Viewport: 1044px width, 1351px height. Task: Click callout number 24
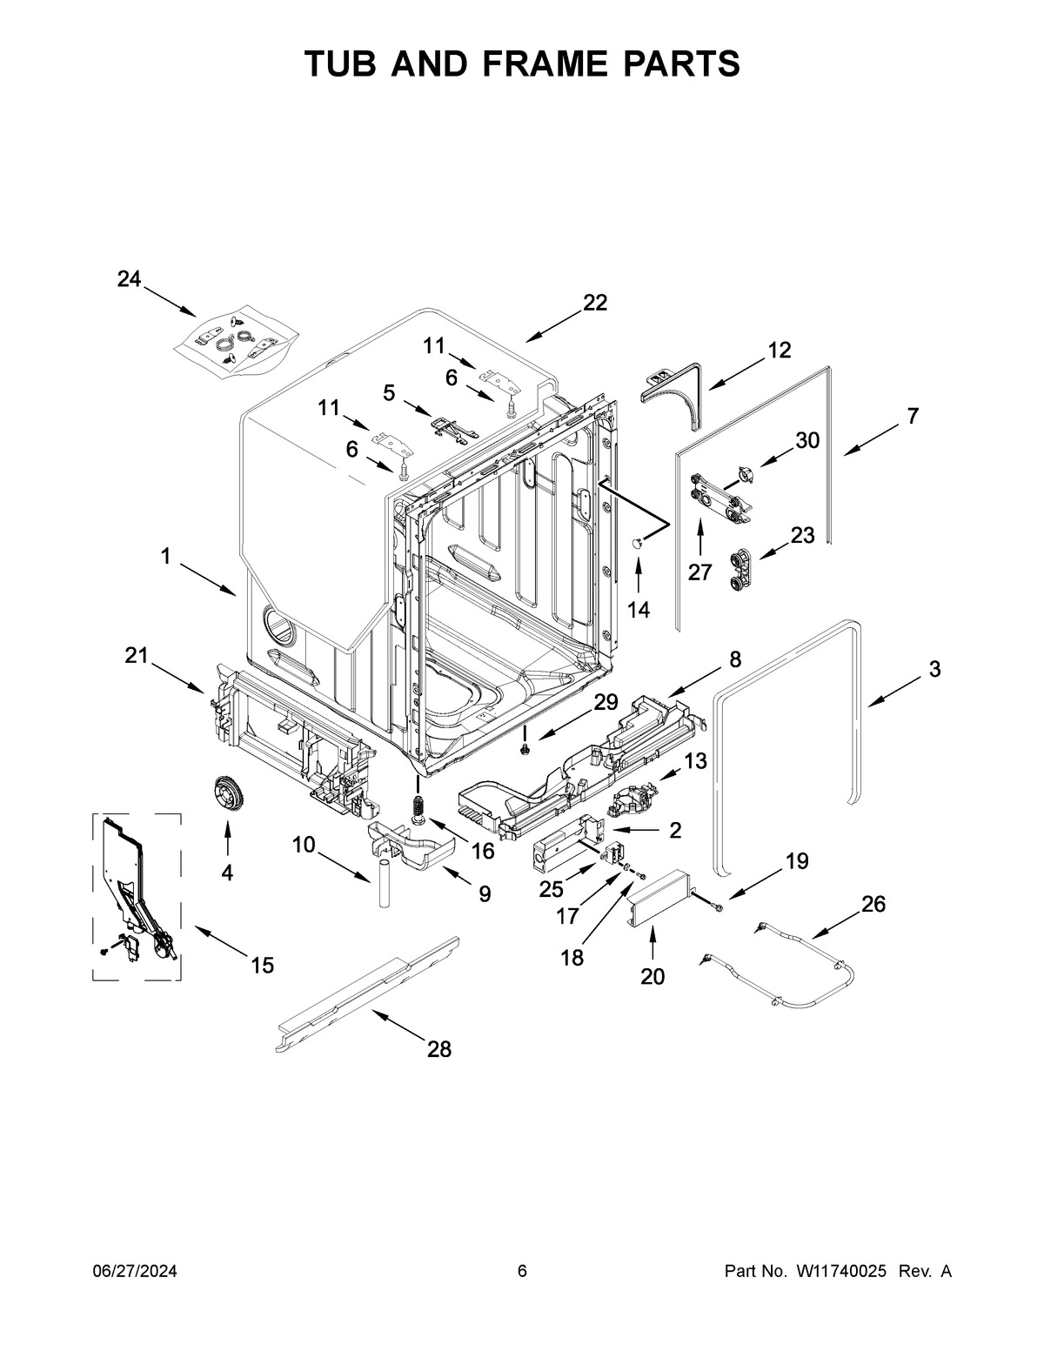[129, 279]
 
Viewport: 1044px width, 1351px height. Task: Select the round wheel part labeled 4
[229, 796]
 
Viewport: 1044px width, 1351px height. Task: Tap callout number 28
[439, 1049]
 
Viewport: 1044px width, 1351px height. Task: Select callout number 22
[595, 302]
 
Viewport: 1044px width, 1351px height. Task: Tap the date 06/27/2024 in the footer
[135, 1272]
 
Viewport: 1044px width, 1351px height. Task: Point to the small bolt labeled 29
[526, 747]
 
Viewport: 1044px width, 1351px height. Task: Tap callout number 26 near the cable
[873, 904]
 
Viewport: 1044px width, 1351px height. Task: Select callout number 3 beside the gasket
[934, 669]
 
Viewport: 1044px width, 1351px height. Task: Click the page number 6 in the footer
[522, 1272]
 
